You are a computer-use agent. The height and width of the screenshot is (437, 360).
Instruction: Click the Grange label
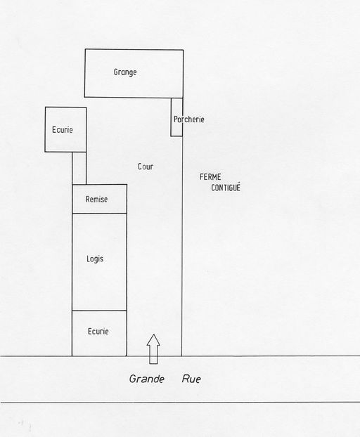(125, 72)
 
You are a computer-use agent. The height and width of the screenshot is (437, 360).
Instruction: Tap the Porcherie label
(188, 119)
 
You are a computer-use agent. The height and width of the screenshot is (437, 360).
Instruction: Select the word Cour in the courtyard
(146, 167)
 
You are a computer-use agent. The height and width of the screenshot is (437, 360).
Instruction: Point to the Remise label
(96, 200)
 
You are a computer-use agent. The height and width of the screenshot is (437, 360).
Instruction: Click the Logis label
(95, 259)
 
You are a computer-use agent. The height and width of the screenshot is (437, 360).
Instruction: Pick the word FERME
(210, 177)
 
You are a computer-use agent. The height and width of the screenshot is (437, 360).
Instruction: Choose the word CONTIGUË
(226, 188)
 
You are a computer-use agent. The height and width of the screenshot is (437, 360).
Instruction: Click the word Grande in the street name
(147, 379)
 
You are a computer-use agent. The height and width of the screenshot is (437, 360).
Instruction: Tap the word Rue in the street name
(191, 379)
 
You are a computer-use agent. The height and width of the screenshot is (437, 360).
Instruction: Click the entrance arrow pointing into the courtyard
(153, 349)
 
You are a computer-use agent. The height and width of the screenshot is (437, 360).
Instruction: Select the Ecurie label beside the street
(98, 332)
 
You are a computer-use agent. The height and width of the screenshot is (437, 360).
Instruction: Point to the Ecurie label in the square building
(63, 129)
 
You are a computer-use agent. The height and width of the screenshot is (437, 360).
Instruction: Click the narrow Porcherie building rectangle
(176, 117)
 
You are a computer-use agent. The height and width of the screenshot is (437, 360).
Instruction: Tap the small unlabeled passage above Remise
(79, 168)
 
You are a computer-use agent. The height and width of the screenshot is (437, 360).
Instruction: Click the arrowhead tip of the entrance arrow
(153, 334)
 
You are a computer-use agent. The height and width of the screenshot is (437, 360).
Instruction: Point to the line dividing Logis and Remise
(100, 214)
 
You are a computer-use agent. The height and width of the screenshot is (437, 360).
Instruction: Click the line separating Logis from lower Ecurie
(100, 311)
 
